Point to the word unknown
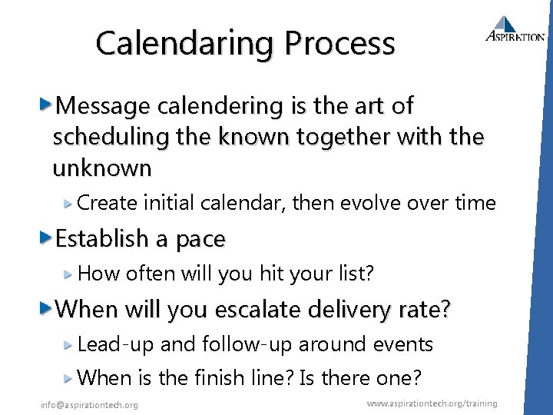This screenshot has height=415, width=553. pos(102,167)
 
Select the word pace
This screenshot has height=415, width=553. pos(200,239)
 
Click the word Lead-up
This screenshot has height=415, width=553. pos(116,345)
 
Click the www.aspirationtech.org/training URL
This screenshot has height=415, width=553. pos(432,403)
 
